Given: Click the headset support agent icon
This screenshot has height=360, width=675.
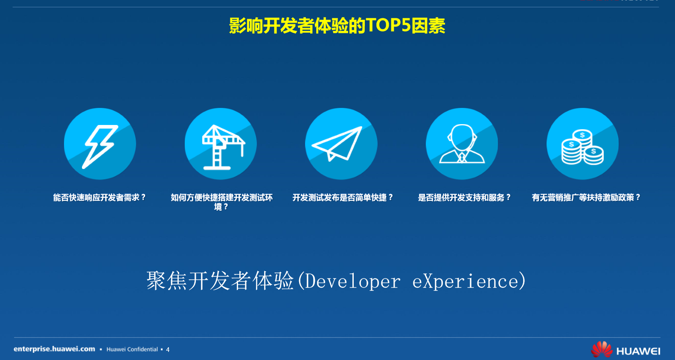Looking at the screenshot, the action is pyautogui.click(x=462, y=144).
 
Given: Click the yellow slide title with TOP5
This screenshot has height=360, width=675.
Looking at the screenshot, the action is pyautogui.click(x=337, y=25).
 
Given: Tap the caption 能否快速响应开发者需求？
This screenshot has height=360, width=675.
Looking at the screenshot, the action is pyautogui.click(x=100, y=197).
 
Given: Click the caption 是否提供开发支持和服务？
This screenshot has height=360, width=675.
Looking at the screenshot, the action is pyautogui.click(x=464, y=197).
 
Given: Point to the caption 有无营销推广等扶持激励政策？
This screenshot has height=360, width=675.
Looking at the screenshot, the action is pyautogui.click(x=586, y=197).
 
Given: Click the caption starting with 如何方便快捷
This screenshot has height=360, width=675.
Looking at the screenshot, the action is pyautogui.click(x=221, y=202).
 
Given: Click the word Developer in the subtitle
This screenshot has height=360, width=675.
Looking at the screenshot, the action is pyautogui.click(x=352, y=282).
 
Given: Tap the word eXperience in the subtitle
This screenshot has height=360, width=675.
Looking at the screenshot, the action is pyautogui.click(x=465, y=282).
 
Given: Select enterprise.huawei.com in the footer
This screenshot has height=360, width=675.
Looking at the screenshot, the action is pyautogui.click(x=54, y=349).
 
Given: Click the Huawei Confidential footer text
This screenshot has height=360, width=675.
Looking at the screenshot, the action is pyautogui.click(x=132, y=349).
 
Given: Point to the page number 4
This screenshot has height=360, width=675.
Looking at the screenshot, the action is pyautogui.click(x=168, y=349).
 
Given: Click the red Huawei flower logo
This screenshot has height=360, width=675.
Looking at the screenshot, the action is pyautogui.click(x=602, y=349).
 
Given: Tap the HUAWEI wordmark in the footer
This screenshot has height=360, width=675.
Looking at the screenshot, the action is pyautogui.click(x=638, y=351).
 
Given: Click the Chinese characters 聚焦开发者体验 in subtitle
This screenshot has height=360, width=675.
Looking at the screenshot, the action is pyautogui.click(x=220, y=281).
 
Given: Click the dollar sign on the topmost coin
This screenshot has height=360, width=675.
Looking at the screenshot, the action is pyautogui.click(x=582, y=135).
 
